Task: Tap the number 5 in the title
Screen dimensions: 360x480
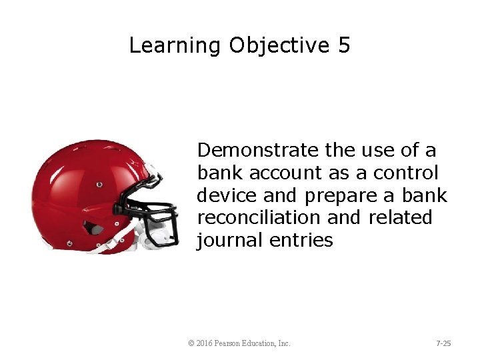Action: (343, 45)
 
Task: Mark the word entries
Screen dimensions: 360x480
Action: (301, 240)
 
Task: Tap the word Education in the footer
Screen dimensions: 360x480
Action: (263, 343)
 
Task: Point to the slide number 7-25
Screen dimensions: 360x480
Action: (443, 343)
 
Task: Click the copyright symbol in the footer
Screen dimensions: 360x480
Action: (191, 343)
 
